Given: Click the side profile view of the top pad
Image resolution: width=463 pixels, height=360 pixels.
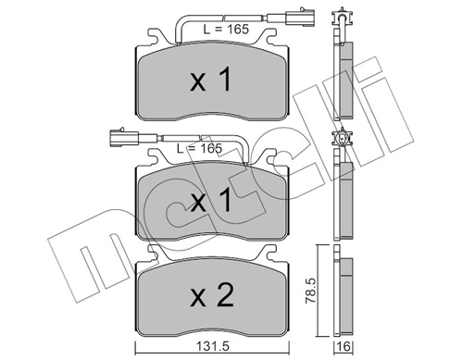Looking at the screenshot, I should (x=344, y=79).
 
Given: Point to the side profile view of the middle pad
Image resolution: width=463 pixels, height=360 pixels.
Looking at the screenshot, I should (x=344, y=199).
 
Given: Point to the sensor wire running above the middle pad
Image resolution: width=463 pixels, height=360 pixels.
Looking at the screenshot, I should (x=222, y=139).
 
